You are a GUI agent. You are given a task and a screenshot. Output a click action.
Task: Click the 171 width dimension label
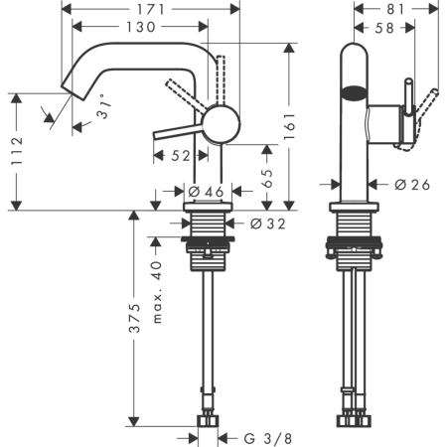[x=151, y=10]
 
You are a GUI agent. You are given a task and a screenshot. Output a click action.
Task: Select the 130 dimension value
[x=141, y=27]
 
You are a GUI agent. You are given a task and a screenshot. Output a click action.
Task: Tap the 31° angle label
[x=103, y=106]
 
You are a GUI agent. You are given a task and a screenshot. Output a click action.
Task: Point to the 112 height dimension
[x=17, y=151]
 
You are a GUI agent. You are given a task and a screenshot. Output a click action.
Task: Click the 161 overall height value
[x=289, y=126]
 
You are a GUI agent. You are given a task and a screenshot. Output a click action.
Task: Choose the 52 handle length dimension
[x=181, y=156]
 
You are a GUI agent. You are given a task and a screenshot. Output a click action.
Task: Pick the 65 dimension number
[x=267, y=178]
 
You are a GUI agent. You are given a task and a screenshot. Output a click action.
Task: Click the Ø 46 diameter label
[x=207, y=192]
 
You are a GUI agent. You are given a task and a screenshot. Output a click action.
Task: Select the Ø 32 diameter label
[x=267, y=224]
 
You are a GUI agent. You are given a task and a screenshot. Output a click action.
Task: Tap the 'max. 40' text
[x=157, y=292]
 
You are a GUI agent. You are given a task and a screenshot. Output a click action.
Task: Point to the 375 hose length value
[x=134, y=318]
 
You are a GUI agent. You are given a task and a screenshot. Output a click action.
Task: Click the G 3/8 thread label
[x=268, y=439]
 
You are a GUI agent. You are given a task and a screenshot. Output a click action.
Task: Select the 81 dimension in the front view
[x=395, y=9]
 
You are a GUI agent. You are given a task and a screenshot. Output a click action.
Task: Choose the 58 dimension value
[x=384, y=28]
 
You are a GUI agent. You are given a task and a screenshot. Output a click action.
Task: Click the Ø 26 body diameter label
[x=412, y=185]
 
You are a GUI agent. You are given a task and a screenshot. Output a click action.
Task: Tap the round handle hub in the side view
[x=221, y=124]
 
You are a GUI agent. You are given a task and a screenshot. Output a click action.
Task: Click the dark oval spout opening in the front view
[x=354, y=92]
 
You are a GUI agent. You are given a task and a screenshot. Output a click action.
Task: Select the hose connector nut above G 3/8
[x=208, y=421]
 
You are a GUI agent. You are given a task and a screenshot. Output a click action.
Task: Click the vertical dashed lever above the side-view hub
[x=221, y=80]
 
